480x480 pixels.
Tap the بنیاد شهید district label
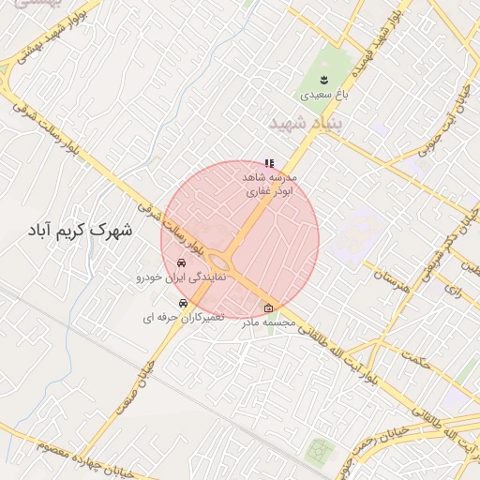point(307,124)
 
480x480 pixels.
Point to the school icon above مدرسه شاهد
point(270,163)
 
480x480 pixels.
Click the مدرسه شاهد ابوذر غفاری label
point(270,183)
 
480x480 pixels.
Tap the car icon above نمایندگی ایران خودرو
point(181,263)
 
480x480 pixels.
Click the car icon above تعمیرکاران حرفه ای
point(183,304)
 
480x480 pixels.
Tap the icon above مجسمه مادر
point(269,308)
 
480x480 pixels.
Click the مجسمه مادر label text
point(269,322)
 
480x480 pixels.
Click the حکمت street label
point(410,359)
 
